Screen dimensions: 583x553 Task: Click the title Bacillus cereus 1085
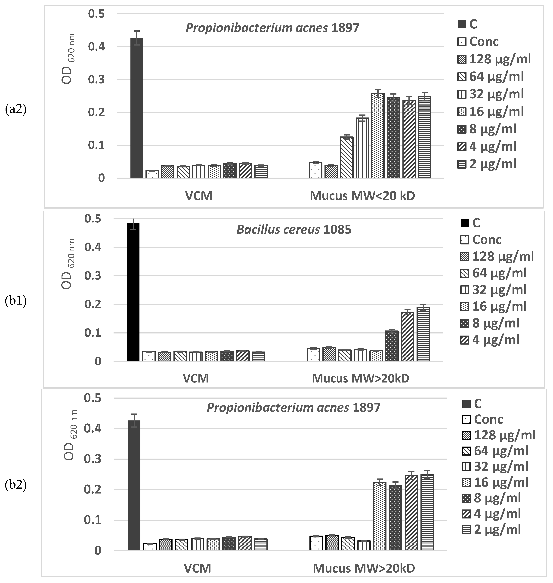[294, 230]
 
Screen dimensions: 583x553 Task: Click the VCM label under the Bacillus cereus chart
[196, 378]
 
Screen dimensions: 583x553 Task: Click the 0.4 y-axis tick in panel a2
[96, 47]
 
